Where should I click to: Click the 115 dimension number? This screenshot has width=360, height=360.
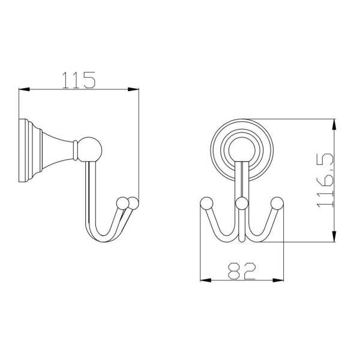[79, 80]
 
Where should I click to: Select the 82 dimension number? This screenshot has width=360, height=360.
[242, 271]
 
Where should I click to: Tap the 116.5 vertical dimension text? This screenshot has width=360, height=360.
[325, 180]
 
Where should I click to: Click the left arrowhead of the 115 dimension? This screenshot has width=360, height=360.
[24, 89]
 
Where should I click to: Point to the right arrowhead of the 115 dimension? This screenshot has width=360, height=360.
[133, 89]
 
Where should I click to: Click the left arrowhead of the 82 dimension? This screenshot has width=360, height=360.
[206, 280]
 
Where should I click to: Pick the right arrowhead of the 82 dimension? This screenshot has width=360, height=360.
[278, 280]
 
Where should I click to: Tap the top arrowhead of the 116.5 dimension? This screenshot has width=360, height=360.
[334, 125]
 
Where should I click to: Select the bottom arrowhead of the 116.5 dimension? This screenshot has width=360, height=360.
[334, 236]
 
